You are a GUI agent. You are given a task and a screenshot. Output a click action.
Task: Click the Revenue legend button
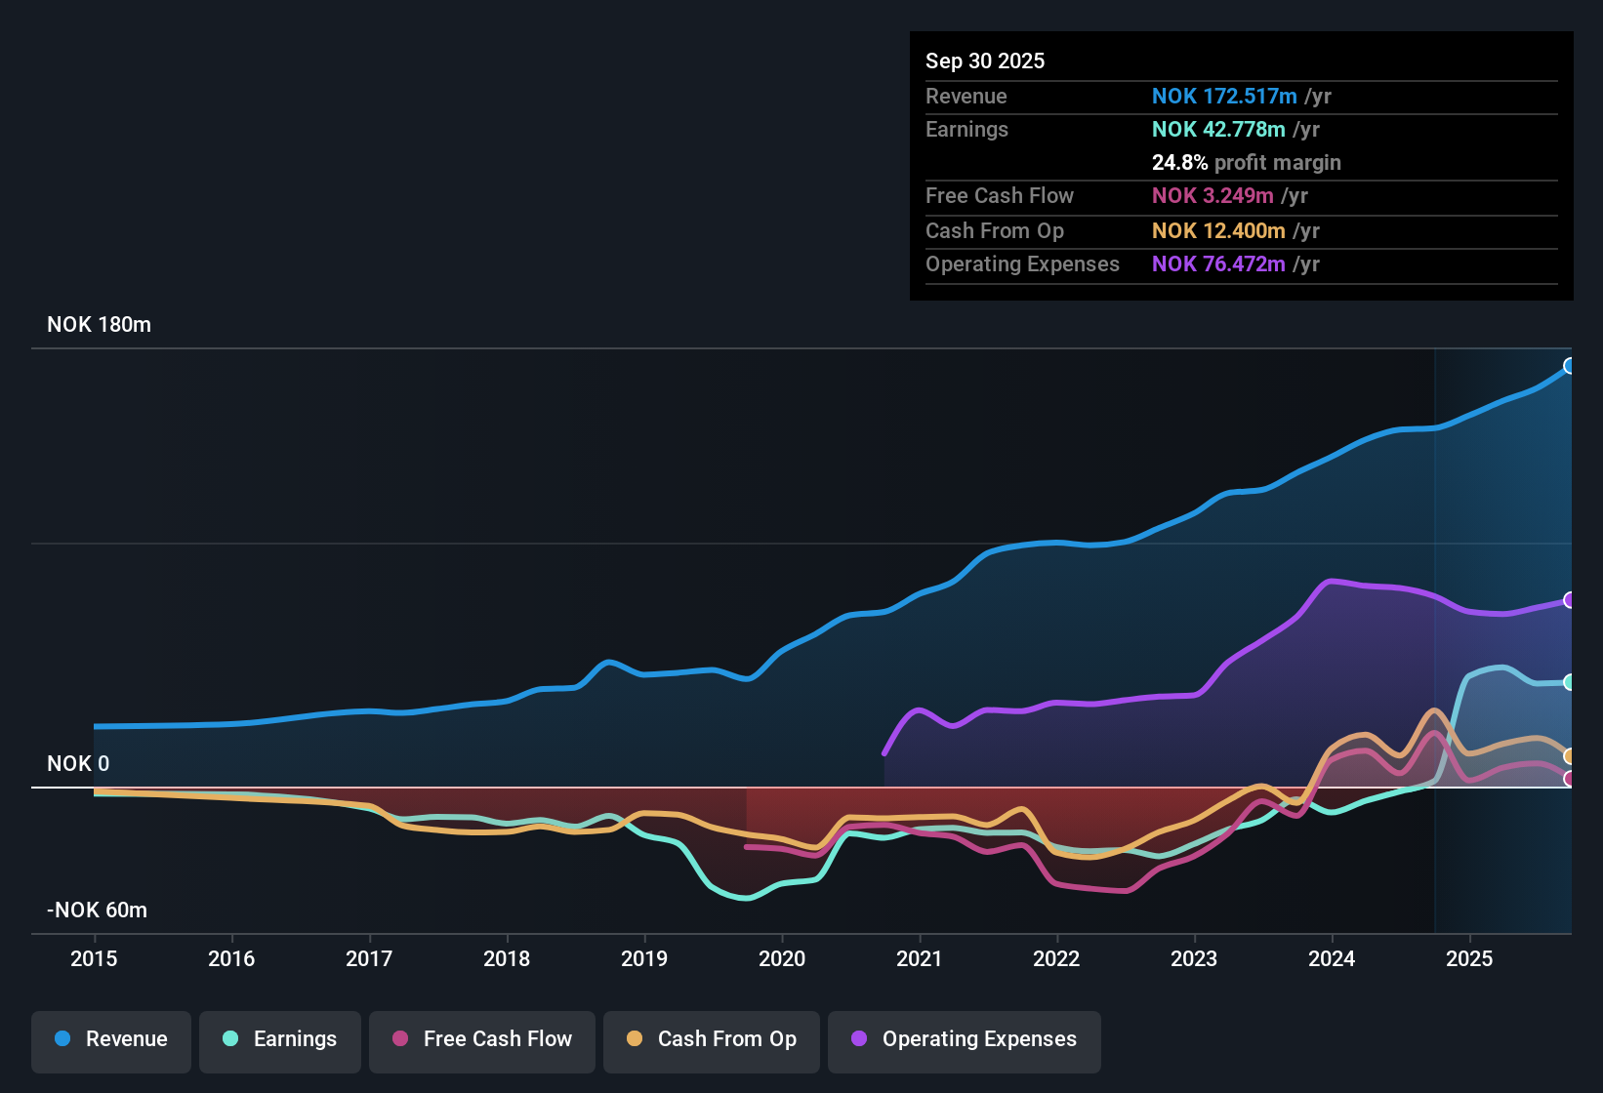click(111, 1039)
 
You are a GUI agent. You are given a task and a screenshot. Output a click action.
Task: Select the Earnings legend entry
click(280, 1039)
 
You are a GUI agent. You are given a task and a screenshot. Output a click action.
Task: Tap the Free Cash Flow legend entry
click(482, 1039)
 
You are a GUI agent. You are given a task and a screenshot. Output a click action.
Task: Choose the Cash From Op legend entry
click(712, 1039)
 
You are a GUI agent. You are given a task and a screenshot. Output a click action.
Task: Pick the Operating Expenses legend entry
click(965, 1039)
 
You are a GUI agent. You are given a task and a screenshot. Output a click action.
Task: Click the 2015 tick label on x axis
click(94, 958)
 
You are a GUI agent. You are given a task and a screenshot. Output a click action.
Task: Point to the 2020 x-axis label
click(782, 958)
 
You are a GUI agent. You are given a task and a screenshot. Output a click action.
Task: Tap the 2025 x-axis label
click(1469, 958)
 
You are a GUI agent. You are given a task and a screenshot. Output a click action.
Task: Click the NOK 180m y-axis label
click(99, 325)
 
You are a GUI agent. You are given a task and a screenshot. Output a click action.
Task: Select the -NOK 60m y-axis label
click(97, 911)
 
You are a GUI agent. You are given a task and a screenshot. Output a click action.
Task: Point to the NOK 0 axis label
click(78, 764)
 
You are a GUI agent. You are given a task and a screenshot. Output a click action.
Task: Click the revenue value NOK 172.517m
click(1224, 97)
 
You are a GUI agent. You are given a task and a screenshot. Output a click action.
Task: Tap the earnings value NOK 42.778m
click(1218, 130)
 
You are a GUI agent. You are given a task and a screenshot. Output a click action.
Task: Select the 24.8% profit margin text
click(1246, 163)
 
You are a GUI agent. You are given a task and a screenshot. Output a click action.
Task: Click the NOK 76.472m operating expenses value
click(1218, 264)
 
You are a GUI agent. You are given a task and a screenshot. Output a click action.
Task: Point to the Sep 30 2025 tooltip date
click(985, 61)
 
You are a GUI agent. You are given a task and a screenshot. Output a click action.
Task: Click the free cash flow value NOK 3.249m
click(1213, 196)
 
